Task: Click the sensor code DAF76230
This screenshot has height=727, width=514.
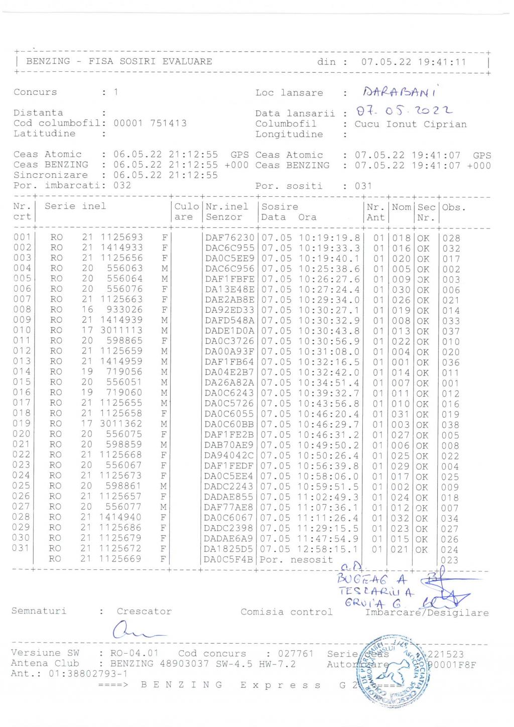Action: pos(230,237)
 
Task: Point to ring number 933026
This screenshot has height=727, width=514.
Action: pos(124,309)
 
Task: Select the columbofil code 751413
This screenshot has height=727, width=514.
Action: pos(168,123)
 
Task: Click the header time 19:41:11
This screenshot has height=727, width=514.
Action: pos(438,62)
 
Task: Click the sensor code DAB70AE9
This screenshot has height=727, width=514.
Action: pos(230,445)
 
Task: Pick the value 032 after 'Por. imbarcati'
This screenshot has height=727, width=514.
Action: pos(122,185)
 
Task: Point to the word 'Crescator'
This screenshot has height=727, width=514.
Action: pos(144,612)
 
